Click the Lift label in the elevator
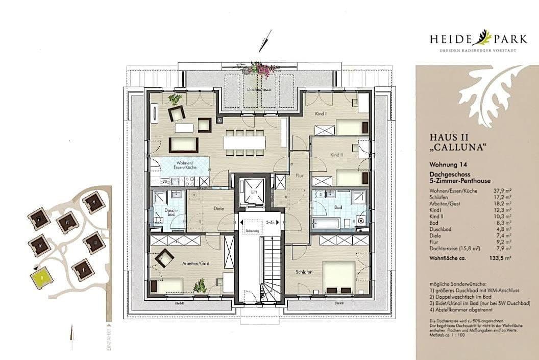[x=254, y=193]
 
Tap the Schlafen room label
[x=303, y=272]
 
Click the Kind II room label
[x=335, y=155]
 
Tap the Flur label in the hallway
[x=299, y=176]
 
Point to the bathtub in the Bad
[x=327, y=223]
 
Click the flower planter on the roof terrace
[x=262, y=68]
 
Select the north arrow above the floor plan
[x=264, y=41]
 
